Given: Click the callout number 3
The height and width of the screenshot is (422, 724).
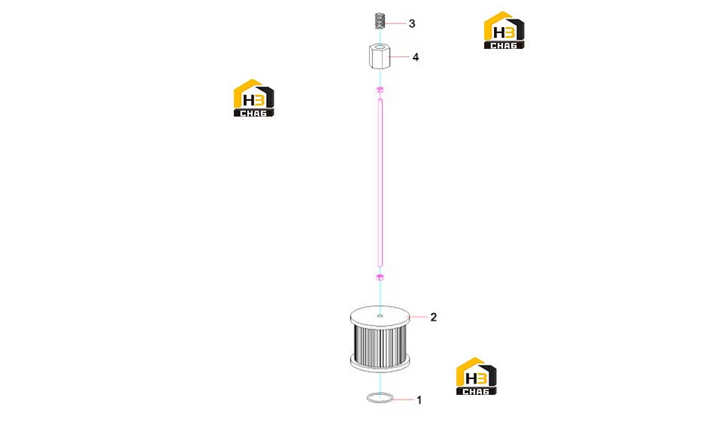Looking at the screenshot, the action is pos(412,23).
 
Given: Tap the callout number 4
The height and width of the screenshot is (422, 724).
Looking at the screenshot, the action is pos(416,57).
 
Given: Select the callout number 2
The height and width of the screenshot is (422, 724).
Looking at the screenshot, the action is pos(433,317).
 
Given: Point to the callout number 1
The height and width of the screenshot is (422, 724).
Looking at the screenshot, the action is pos(420,400).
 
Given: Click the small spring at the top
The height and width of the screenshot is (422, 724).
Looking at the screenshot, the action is pos(380,21).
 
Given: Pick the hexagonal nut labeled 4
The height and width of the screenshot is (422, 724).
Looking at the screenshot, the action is pos(380,56).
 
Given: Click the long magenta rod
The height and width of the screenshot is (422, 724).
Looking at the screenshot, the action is pos(380,183).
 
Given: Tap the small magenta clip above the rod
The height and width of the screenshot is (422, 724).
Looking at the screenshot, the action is pos(380,89).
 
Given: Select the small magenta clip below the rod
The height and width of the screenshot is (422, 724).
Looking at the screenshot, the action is pos(380,278).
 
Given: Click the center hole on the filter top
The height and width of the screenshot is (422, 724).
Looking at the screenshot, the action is pos(380,316).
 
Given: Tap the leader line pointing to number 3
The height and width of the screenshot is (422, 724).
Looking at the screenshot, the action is pos(395,23).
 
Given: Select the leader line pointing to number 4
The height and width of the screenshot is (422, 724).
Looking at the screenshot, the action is pos(400,57).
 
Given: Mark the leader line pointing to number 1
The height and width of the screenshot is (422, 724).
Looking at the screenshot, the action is pos(404,399).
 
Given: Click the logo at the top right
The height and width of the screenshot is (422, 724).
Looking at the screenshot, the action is pos(504,30).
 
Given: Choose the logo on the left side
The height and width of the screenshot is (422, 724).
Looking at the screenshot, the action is pos(253,98).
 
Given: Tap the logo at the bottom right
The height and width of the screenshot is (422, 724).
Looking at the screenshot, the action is pos(476,376).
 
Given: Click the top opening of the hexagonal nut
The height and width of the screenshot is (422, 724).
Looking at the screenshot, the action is pos(380,47).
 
